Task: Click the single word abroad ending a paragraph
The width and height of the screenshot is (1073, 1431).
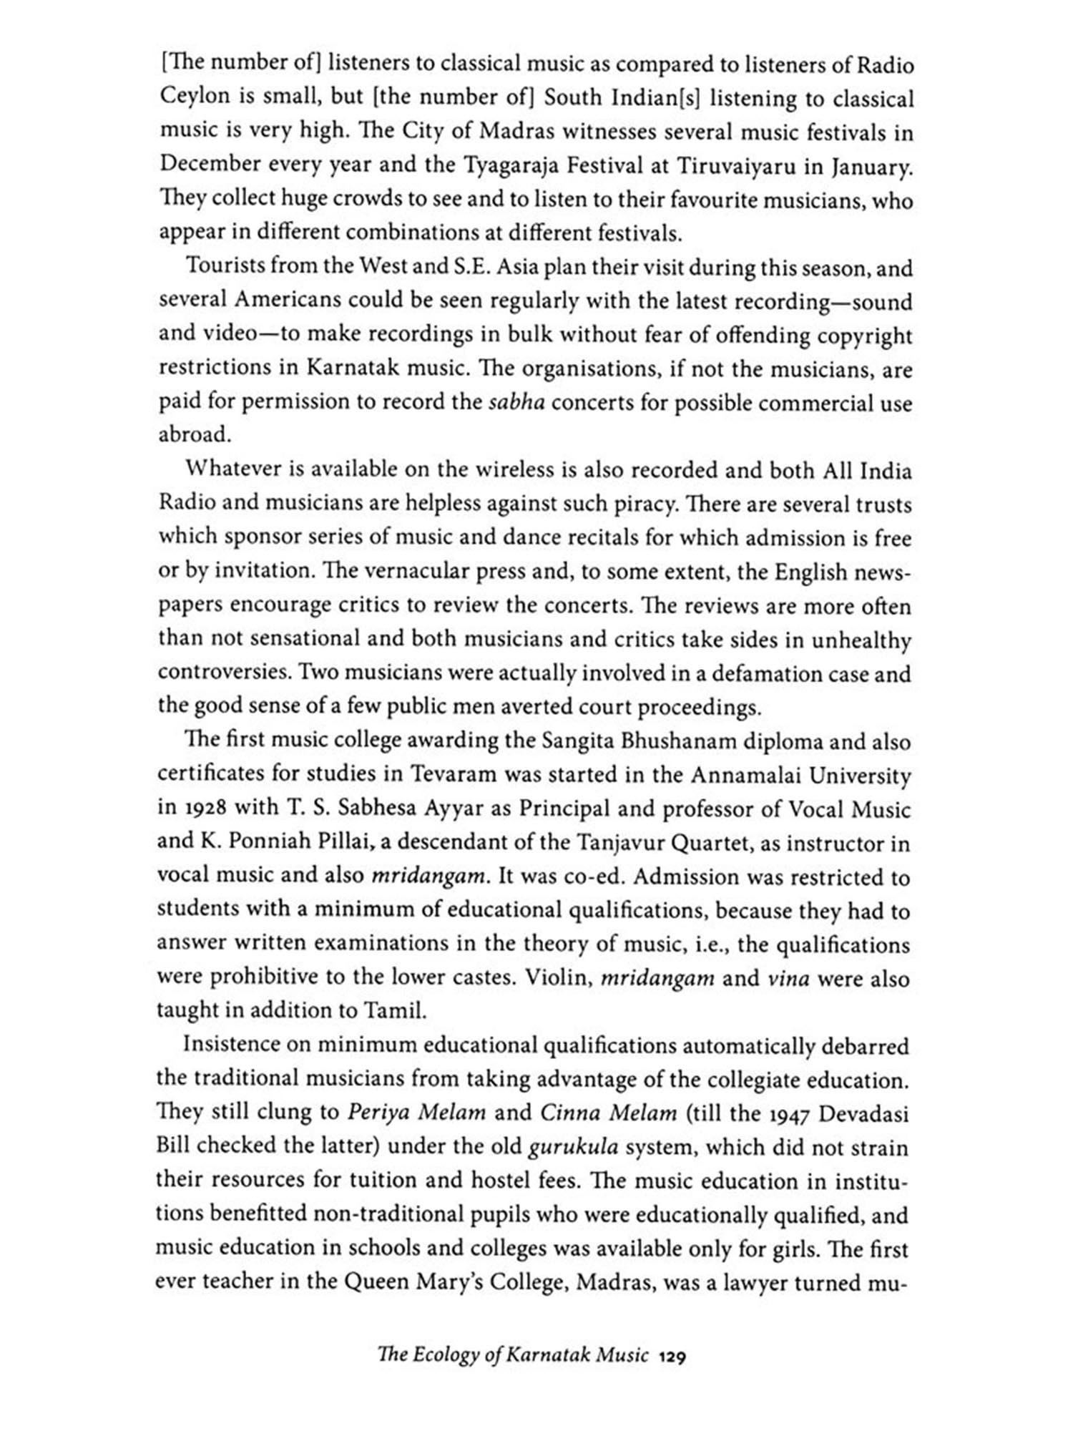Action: pyautogui.click(x=191, y=434)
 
